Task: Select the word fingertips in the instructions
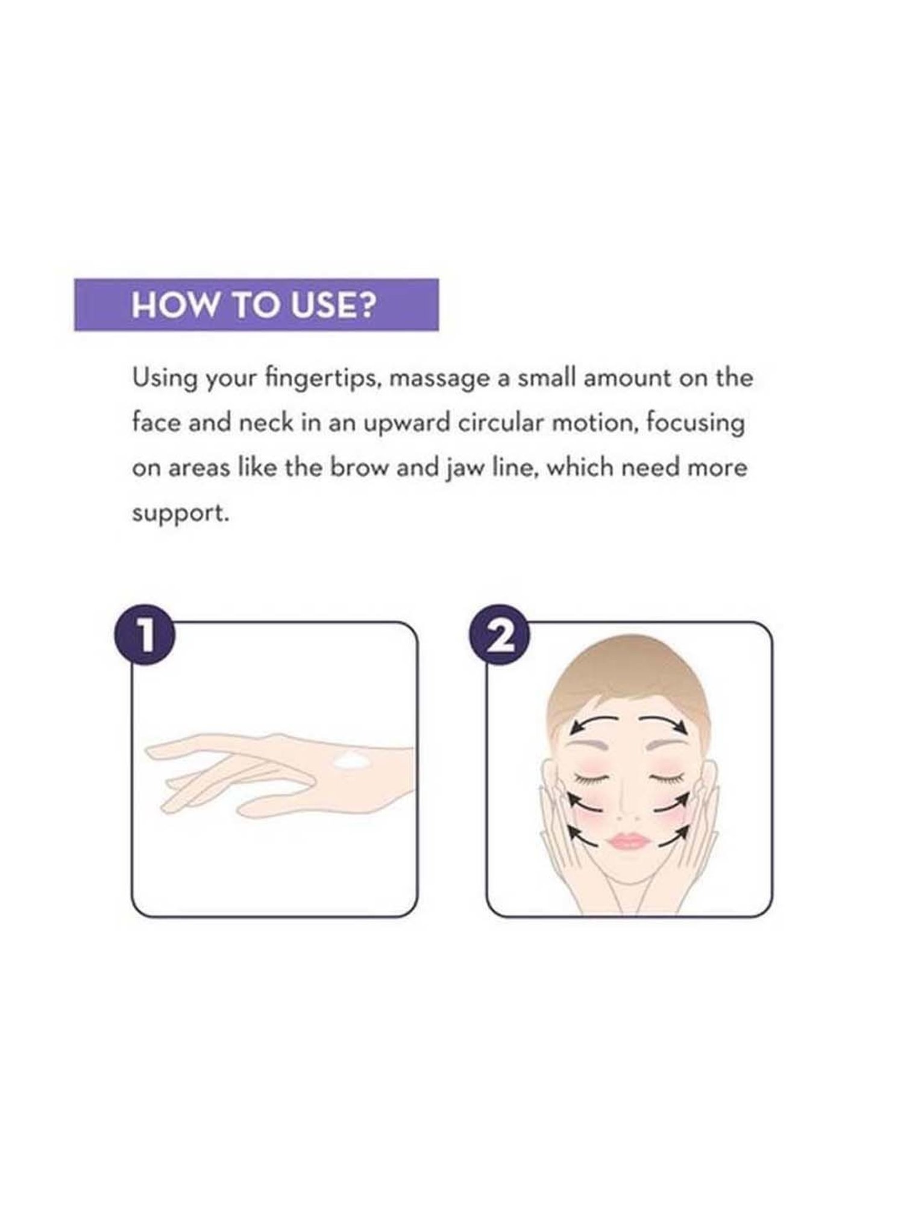point(315,379)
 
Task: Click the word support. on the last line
point(181,515)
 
